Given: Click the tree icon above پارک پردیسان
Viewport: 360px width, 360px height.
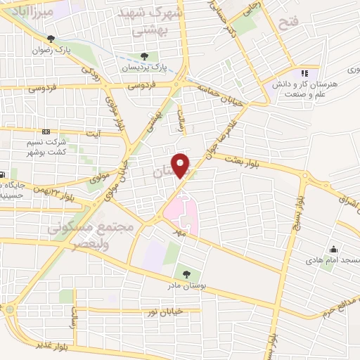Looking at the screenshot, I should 144,56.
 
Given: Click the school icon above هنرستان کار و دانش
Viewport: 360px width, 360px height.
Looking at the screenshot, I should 304,72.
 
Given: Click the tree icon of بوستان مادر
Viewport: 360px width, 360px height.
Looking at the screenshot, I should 186,274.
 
